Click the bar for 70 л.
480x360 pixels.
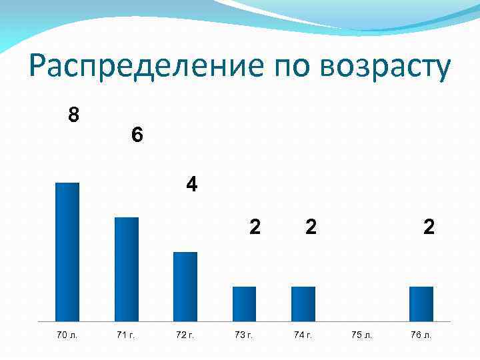(x=67, y=252)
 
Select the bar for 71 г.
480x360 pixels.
(x=127, y=269)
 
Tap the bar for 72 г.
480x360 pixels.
(x=185, y=287)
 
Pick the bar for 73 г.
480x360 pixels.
(x=244, y=304)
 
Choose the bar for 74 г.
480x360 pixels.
(x=303, y=304)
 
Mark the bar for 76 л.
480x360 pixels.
(x=421, y=304)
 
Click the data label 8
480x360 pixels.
(x=74, y=115)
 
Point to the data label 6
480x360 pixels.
(x=137, y=135)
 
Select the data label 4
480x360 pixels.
(x=192, y=184)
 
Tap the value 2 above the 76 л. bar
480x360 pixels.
(x=429, y=227)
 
